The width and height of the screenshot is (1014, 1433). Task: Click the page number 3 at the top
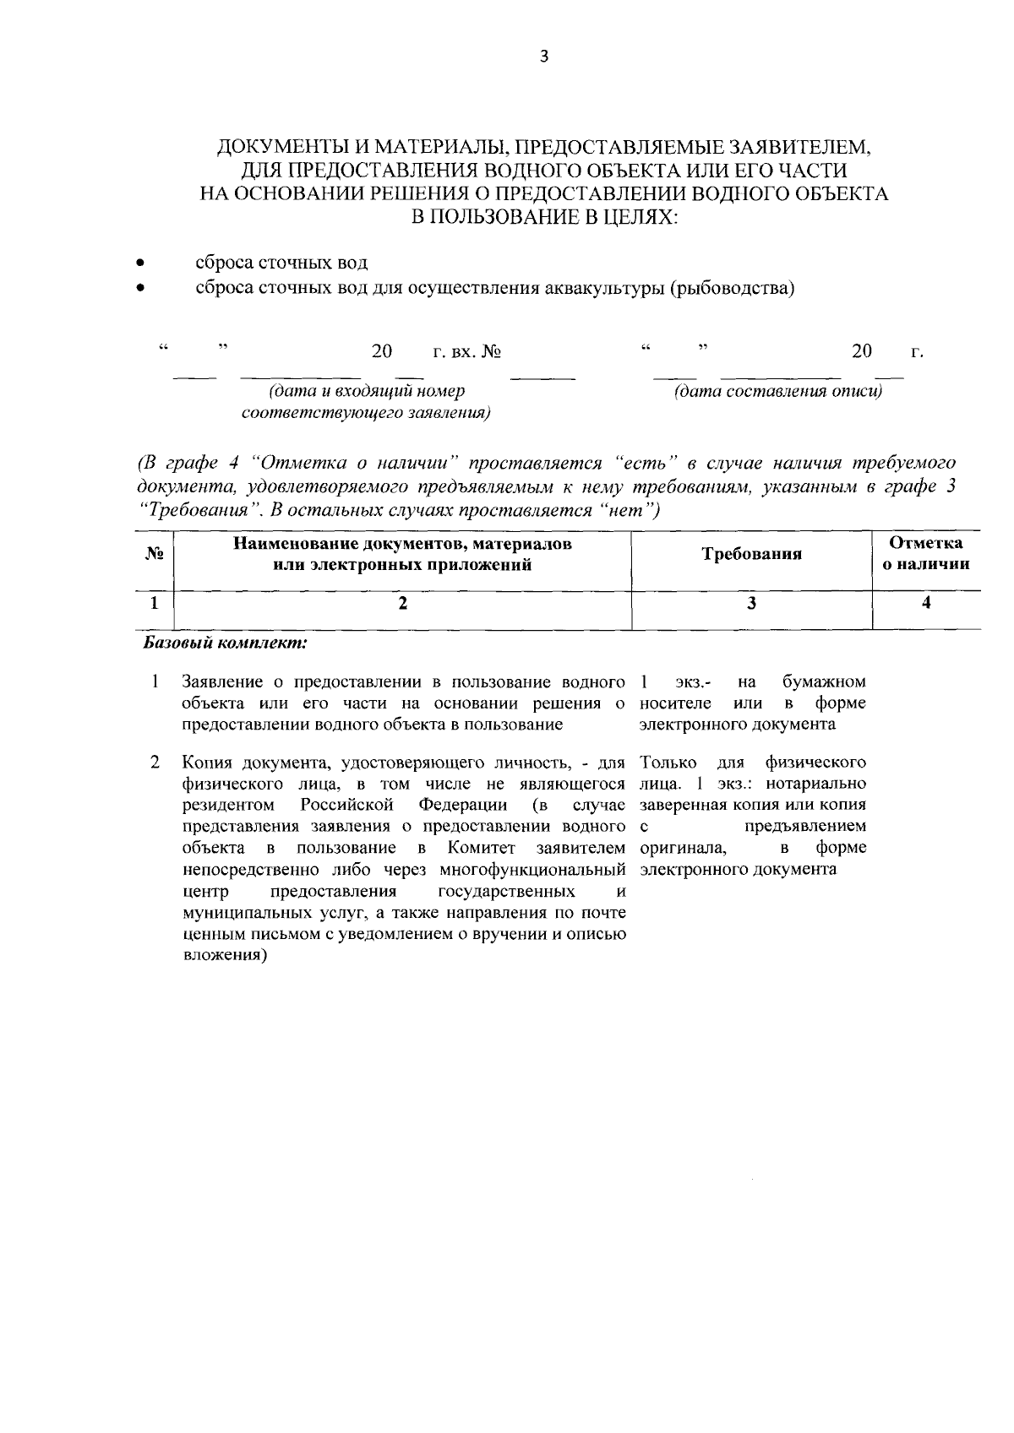click(x=544, y=57)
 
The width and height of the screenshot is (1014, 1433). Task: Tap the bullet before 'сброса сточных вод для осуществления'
click(x=143, y=289)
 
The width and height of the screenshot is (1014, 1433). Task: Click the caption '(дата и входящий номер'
click(x=367, y=393)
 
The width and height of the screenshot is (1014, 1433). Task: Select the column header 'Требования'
click(x=751, y=555)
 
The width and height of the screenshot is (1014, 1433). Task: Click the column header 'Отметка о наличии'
click(x=926, y=554)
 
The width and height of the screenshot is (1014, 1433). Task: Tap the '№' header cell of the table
click(x=154, y=555)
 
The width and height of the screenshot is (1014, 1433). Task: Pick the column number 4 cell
click(x=926, y=603)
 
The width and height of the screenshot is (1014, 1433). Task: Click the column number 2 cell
click(x=403, y=603)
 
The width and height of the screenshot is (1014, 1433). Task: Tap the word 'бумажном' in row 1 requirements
click(x=823, y=681)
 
